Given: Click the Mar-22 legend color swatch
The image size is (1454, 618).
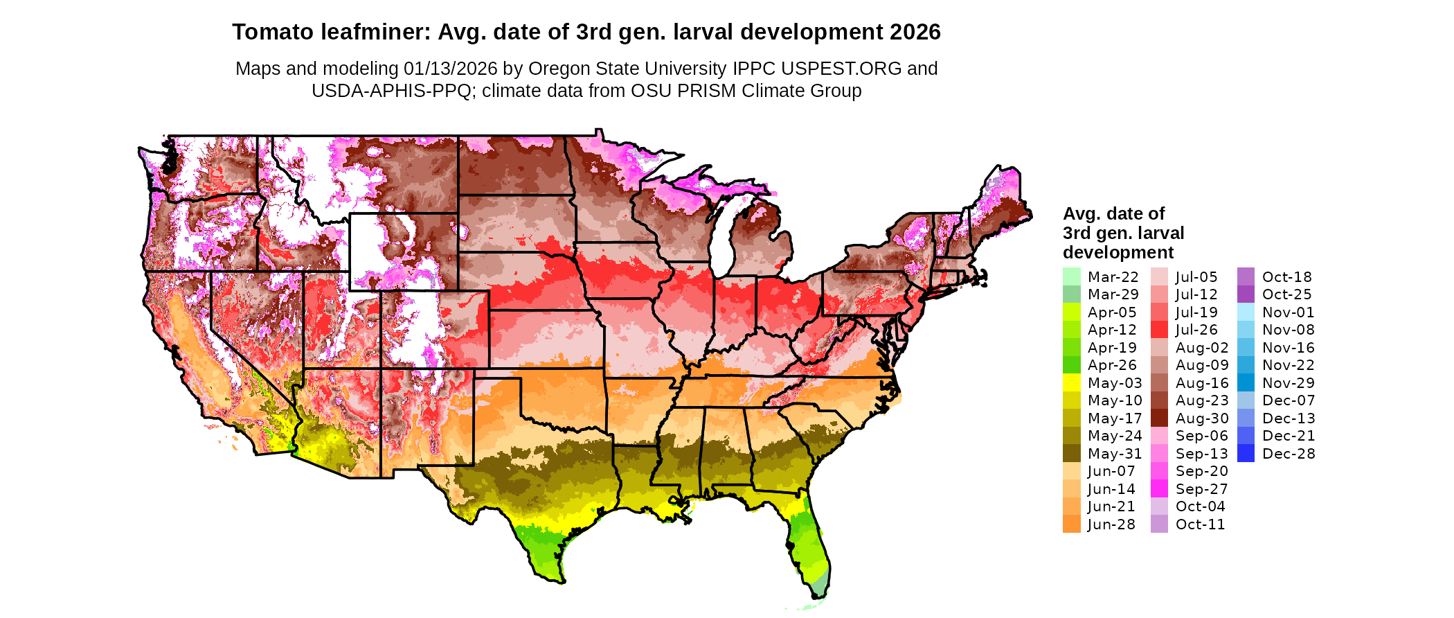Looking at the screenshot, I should coord(1071,276).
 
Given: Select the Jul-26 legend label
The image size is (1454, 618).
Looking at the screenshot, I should coord(1196,330).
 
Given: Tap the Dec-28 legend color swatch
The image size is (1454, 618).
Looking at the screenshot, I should coord(1246,453).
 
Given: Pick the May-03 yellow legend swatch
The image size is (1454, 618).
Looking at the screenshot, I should coord(1071,382).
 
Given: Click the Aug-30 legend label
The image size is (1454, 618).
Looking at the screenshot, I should coord(1201,418).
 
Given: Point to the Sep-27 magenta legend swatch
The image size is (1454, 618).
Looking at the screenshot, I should coord(1159,488).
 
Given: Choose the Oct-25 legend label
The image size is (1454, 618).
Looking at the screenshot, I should coord(1286,294).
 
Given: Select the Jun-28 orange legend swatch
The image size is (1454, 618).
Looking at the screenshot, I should coord(1071,524).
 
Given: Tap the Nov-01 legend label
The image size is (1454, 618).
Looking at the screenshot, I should coord(1288,312).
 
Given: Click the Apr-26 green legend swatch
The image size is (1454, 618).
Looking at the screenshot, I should coord(1071,365).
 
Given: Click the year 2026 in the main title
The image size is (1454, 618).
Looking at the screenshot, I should coord(915,32).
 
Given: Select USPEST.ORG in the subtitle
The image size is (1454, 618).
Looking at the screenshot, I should coord(841,69).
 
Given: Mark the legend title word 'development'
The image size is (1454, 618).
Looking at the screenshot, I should coord(1118,252).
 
